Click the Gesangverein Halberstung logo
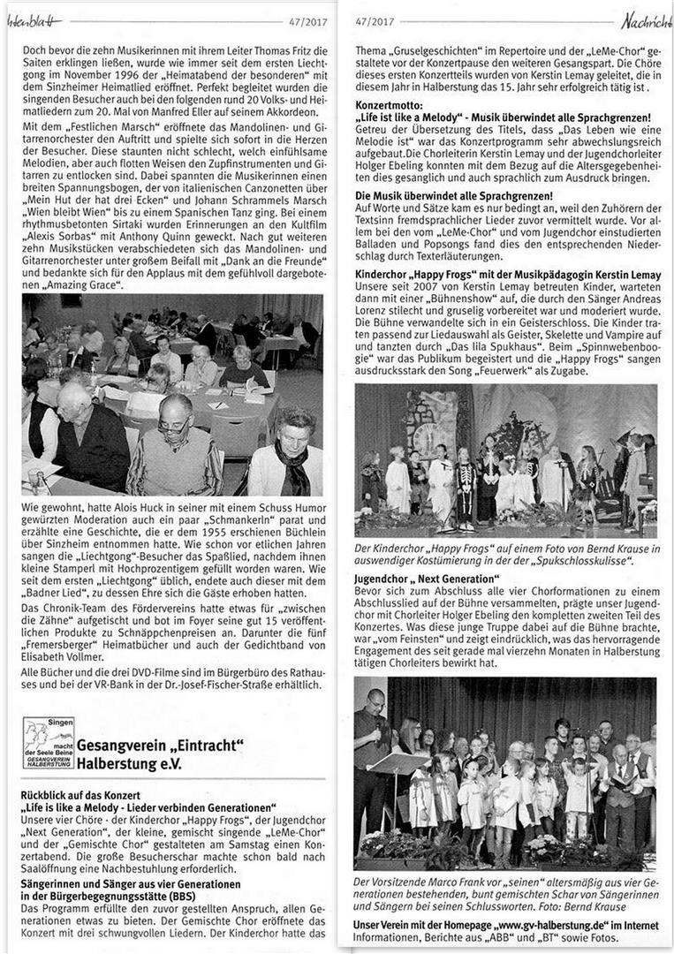point(49,743)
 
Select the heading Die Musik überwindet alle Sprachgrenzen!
point(453,194)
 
